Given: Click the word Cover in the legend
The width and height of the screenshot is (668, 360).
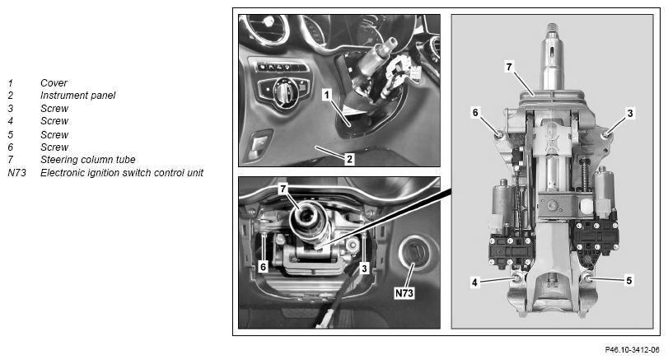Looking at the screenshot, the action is point(54,83).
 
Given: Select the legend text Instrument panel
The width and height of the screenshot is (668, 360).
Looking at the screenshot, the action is point(77,96).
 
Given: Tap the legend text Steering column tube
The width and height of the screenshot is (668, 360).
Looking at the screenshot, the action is point(88,160).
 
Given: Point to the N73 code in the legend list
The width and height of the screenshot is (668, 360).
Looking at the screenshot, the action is point(16,173).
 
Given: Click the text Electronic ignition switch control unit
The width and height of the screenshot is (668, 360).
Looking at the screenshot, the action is point(122,173).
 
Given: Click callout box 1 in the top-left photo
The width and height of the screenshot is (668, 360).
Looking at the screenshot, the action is point(327,95).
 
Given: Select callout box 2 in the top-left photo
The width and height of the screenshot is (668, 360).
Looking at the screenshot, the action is point(349,159).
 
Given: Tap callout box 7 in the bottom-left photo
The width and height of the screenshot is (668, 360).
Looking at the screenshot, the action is point(283,189).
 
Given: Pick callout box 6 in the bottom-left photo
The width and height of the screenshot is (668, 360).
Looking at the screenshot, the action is point(264,267).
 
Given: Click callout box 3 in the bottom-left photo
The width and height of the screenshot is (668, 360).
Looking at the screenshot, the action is point(364,268).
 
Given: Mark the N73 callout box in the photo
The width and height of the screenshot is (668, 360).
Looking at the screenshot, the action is point(404,293).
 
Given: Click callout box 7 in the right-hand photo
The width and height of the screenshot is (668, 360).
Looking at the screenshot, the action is point(509,67).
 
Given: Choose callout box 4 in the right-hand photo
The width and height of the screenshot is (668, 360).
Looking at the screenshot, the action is point(475,282).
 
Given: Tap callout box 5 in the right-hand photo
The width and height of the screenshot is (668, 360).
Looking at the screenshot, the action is point(628,280).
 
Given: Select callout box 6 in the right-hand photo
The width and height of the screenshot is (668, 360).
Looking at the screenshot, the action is point(475,113).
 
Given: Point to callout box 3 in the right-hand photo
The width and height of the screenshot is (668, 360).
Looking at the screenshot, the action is point(630,113).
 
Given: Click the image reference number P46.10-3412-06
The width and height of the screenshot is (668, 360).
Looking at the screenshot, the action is point(632,350).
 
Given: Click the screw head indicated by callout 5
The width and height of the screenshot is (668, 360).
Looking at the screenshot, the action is point(587,278).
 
